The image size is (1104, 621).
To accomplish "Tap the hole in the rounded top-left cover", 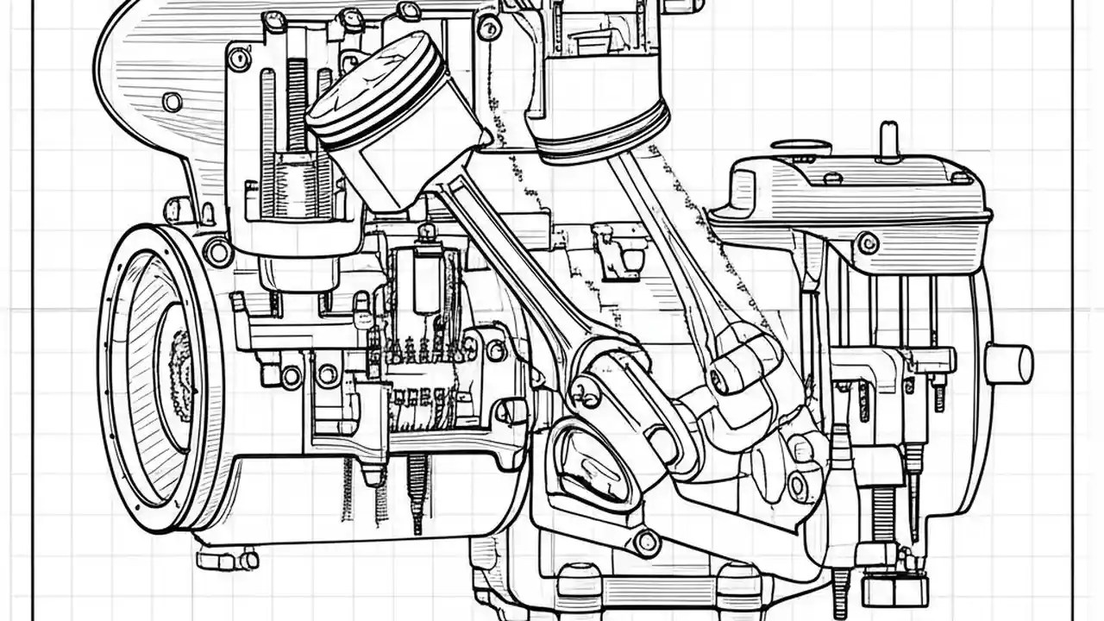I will [172, 102].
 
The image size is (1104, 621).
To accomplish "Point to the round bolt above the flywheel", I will [217, 252].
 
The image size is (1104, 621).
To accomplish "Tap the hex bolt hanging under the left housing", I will [227, 560].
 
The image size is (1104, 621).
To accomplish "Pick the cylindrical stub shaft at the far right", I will [1009, 363].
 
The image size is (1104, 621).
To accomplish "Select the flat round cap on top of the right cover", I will [801, 147].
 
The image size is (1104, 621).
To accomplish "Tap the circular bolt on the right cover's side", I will [868, 244].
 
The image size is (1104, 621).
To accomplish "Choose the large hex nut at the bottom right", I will [894, 589].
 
